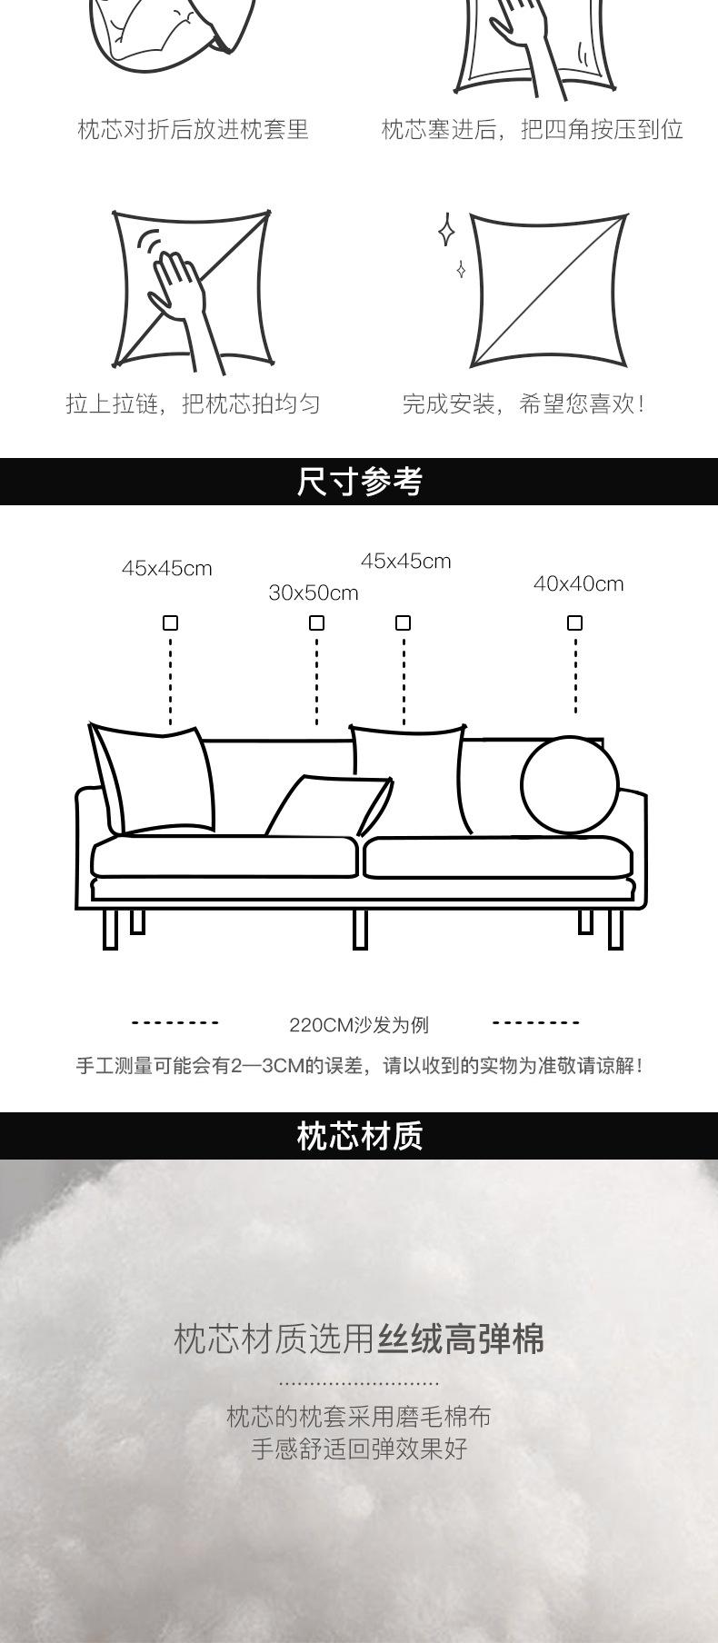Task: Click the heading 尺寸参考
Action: click(x=359, y=482)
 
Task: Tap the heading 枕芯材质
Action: click(x=359, y=1136)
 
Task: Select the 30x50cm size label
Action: click(x=314, y=593)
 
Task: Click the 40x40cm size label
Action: click(x=578, y=584)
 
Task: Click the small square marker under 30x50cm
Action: click(x=316, y=622)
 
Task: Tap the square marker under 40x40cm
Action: click(x=574, y=622)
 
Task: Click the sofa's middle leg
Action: click(x=360, y=929)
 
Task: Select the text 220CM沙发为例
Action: click(x=359, y=1025)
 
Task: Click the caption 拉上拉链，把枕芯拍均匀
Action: click(x=193, y=404)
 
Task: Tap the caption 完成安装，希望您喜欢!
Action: click(x=524, y=404)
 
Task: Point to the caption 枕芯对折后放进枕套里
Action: click(x=193, y=130)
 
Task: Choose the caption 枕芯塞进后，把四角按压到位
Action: click(x=532, y=130)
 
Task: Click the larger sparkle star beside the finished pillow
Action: click(x=446, y=230)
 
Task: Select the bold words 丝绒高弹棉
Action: click(x=461, y=1339)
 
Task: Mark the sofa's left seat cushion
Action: click(x=224, y=856)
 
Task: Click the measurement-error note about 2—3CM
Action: click(x=359, y=1065)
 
